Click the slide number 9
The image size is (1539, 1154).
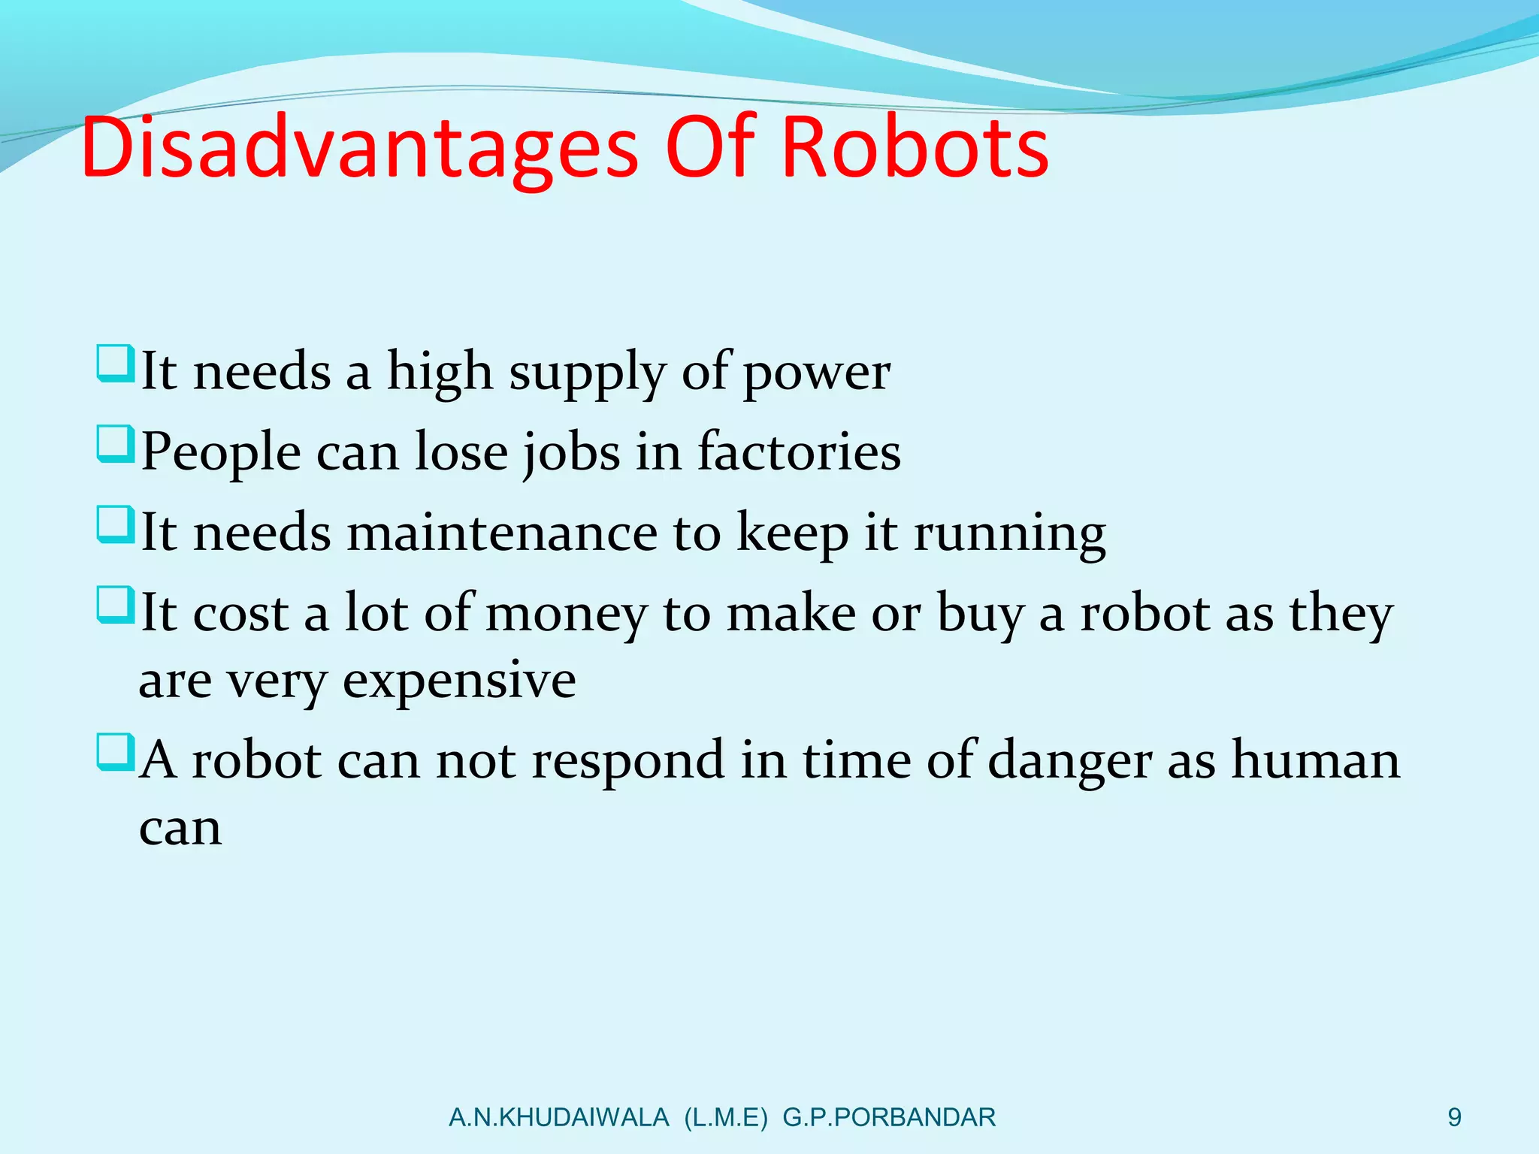[1455, 1117]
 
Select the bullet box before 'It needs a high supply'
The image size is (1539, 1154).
[115, 364]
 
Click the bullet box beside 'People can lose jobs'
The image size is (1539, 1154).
[115, 444]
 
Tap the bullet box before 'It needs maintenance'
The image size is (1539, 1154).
[115, 524]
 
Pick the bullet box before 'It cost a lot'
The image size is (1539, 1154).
[115, 605]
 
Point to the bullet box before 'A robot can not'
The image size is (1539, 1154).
[115, 753]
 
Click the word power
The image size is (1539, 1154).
[817, 373]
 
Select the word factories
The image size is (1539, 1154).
[799, 452]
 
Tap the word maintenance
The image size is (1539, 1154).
[503, 533]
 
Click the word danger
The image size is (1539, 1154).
[1069, 762]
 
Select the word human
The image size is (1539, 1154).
[1316, 760]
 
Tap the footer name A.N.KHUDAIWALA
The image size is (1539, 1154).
[558, 1118]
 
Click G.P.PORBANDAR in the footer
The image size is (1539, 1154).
[889, 1118]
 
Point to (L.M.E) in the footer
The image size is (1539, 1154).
[726, 1118]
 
